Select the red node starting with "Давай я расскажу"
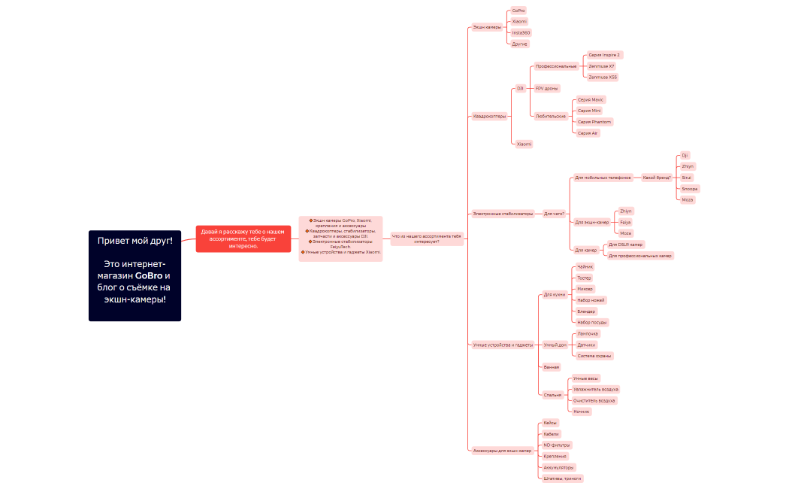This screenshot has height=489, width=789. (x=243, y=238)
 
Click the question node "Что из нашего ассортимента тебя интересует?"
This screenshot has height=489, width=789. (x=427, y=238)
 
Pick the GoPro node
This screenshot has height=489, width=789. (x=518, y=11)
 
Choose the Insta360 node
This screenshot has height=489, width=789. (x=521, y=33)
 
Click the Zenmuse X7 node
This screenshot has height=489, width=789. (x=601, y=66)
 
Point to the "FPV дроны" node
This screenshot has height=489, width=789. (x=546, y=89)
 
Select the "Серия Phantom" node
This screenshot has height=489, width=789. (x=594, y=122)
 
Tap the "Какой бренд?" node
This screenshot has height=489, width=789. (x=656, y=178)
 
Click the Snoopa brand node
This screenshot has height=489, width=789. (x=689, y=189)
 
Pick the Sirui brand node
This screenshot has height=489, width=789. (x=686, y=178)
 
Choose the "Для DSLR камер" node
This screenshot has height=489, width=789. (x=625, y=244)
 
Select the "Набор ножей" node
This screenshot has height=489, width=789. (x=591, y=300)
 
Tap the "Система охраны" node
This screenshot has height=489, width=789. (x=594, y=356)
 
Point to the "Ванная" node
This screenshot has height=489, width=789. (x=552, y=367)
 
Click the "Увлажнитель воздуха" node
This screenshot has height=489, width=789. (x=595, y=390)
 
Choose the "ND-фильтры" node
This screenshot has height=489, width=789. (x=557, y=445)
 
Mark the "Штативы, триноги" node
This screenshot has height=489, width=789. (x=562, y=478)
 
